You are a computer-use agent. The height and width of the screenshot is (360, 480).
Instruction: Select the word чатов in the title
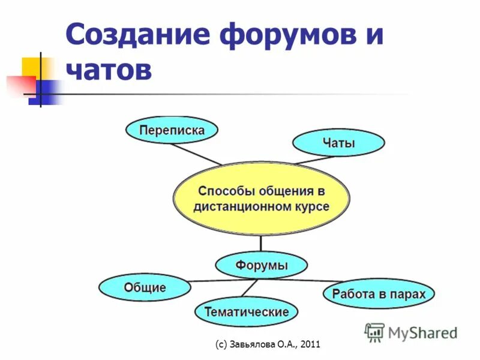[109, 70]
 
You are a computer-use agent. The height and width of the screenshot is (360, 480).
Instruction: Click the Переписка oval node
[172, 130]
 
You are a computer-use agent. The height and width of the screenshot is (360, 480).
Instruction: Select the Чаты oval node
[338, 143]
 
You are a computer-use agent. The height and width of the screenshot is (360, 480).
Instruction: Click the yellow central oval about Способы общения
[261, 199]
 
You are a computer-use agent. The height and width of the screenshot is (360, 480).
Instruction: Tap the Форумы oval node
[261, 265]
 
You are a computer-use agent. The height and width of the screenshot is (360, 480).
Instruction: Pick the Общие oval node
[145, 287]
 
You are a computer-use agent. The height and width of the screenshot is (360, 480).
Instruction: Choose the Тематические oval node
[246, 312]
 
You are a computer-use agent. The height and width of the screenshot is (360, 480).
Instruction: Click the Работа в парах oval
[378, 294]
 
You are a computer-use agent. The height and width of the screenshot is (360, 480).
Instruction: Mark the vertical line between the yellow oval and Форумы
[261, 243]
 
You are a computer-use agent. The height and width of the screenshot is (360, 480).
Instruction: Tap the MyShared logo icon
[374, 332]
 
